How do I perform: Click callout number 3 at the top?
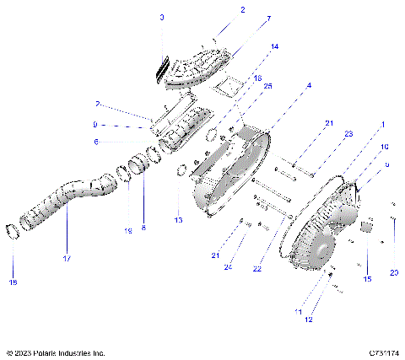tap(162, 18)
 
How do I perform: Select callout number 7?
tap(245, 19)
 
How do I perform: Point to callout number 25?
tap(267, 86)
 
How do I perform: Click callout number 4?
tap(309, 86)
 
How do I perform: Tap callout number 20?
tap(394, 272)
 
